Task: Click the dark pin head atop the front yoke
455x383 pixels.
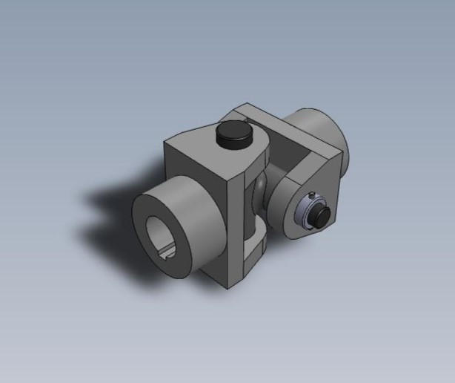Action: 231,137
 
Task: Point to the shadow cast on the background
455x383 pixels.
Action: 111,223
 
